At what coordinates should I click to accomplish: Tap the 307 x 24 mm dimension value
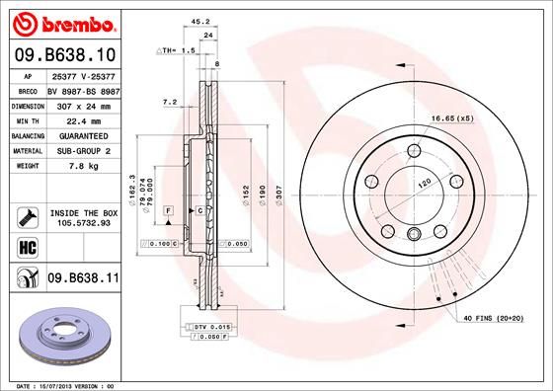(x=83, y=105)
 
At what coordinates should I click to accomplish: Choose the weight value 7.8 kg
(x=83, y=166)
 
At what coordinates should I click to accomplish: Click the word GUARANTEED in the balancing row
(x=83, y=135)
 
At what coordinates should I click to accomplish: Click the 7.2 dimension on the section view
(x=168, y=101)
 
